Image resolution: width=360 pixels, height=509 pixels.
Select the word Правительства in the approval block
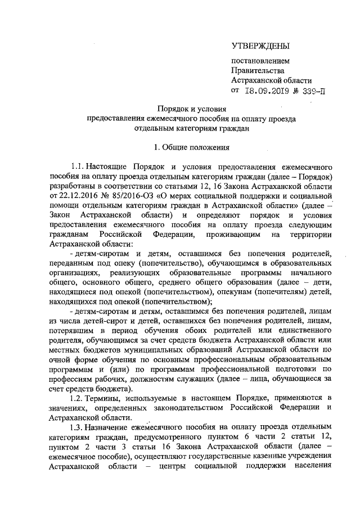click(258, 70)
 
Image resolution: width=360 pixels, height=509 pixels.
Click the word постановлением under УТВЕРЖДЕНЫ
click(261, 60)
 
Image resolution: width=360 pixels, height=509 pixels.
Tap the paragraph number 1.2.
click(77, 398)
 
